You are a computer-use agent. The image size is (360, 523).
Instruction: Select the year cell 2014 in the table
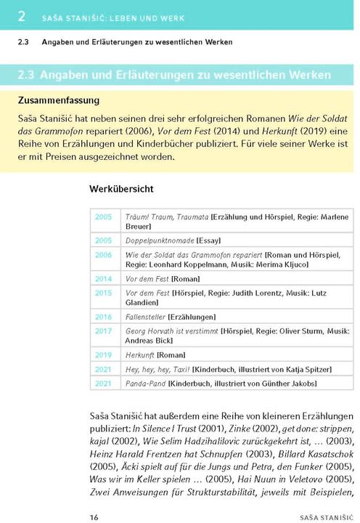pyautogui.click(x=103, y=278)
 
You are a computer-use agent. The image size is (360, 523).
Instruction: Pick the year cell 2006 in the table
pyautogui.click(x=103, y=255)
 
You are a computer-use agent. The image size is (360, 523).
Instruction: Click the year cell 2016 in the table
pyautogui.click(x=103, y=317)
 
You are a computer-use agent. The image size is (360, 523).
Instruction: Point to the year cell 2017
pyautogui.click(x=103, y=331)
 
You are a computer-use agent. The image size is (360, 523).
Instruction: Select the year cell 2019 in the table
pyautogui.click(x=103, y=354)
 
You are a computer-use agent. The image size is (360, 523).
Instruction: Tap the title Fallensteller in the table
pyautogui.click(x=145, y=317)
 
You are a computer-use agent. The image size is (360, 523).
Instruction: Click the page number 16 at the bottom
pyautogui.click(x=94, y=497)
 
